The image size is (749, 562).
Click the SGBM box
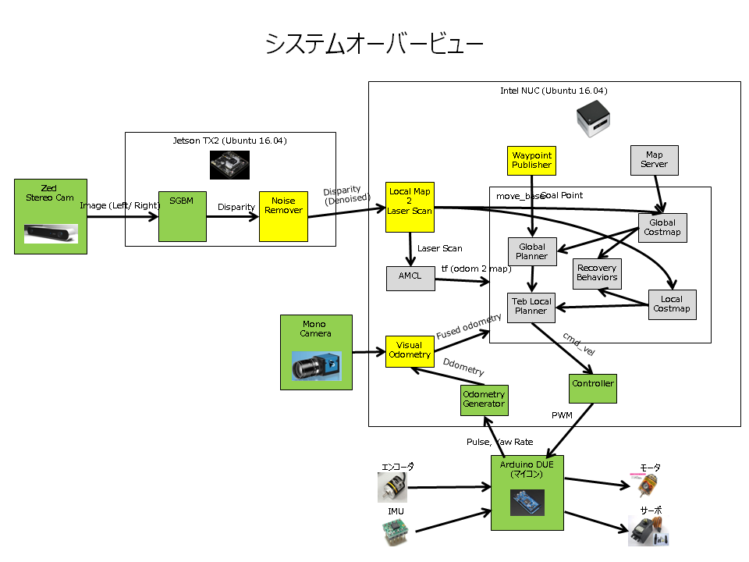click(183, 216)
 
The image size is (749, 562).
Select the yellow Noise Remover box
click(283, 216)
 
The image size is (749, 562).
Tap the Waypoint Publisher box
click(531, 160)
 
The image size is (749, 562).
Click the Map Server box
click(654, 160)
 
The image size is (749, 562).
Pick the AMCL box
click(410, 279)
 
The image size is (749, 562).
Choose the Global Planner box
click(531, 251)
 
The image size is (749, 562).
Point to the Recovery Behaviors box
click(597, 273)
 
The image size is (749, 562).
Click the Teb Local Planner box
click(531, 306)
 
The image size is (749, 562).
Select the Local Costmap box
click(671, 304)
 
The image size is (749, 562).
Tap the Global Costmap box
click(662, 227)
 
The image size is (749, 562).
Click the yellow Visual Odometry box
click(410, 350)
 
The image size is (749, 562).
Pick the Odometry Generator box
click(484, 400)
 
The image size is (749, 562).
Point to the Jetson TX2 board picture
click(229, 165)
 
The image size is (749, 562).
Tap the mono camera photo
click(316, 365)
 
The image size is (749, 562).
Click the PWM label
click(563, 414)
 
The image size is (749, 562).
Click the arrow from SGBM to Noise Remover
click(232, 217)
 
